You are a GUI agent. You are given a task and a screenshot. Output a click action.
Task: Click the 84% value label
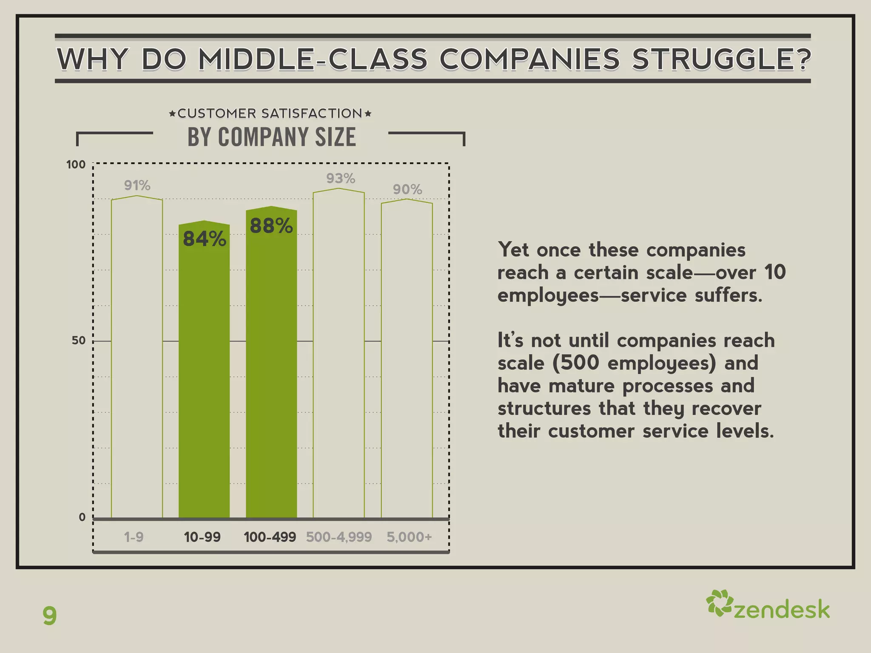205,239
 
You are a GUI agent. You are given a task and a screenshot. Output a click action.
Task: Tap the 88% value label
271,226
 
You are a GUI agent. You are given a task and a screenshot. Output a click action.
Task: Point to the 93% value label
341,179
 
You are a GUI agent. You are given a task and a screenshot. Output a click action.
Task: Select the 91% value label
137,186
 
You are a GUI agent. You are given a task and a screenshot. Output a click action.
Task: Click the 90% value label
407,190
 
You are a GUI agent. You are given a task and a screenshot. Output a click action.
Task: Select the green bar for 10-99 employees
204,383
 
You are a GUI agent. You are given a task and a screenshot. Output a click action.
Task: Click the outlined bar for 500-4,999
339,361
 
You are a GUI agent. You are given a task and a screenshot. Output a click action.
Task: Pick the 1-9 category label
134,537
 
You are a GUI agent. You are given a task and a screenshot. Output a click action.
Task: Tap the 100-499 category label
270,537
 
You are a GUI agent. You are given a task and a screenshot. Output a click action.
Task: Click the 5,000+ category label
409,537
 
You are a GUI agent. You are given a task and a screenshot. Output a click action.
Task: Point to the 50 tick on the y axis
79,341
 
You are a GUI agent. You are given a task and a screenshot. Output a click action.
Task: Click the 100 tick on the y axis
76,165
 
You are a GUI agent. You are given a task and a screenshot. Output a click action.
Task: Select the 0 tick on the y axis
82,517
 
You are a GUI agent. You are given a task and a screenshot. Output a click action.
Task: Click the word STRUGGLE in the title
721,59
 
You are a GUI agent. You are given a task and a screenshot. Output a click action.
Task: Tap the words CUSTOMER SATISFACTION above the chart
270,114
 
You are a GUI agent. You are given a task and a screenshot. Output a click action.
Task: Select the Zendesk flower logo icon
719,603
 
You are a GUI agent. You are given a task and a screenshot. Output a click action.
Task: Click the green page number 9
50,616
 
